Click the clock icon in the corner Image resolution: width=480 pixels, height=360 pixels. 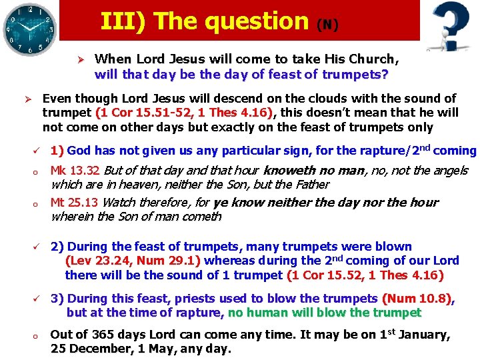pyautogui.click(x=28, y=28)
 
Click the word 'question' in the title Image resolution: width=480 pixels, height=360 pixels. pyautogui.click(x=257, y=21)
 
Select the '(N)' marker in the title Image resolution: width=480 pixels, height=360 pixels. pyautogui.click(x=327, y=25)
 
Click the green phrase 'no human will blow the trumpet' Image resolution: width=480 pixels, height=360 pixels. pyautogui.click(x=325, y=313)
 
